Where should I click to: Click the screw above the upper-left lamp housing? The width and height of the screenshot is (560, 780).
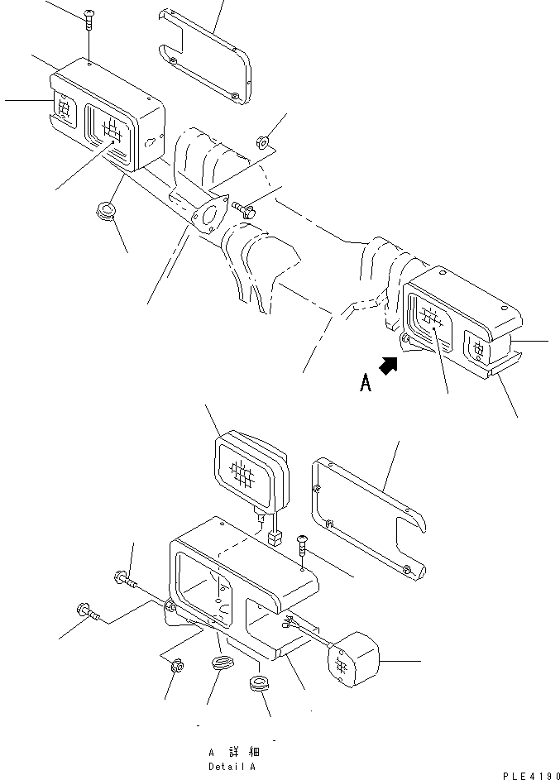pos(88,14)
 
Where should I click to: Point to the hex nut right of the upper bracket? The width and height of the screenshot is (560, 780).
pos(263,141)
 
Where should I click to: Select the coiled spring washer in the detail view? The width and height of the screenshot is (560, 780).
pos(222,664)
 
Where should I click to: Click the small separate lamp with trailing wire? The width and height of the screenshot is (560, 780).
pos(353,664)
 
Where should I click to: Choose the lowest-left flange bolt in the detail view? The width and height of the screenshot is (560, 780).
pos(88,613)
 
